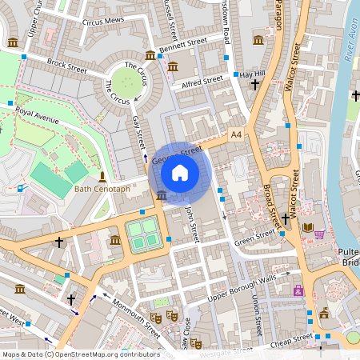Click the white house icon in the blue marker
180,171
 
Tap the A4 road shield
236,135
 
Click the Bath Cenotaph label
102,190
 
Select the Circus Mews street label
103,22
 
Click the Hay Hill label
252,74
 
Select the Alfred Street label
202,81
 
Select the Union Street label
257,316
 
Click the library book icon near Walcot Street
308,228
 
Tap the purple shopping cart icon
320,234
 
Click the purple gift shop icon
298,290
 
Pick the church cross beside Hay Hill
255,84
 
